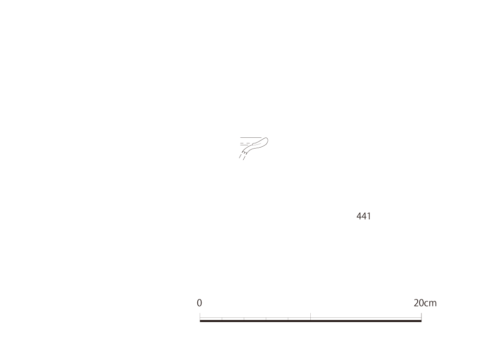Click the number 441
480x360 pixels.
[x=363, y=217]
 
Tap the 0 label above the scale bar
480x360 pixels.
[x=199, y=303]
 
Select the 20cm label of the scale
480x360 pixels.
[x=425, y=303]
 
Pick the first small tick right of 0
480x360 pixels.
[x=222, y=319]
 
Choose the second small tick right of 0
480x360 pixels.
[x=244, y=319]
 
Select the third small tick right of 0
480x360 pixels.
[x=266, y=319]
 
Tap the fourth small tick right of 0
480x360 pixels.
[x=288, y=319]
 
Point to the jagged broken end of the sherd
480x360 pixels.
[x=244, y=152]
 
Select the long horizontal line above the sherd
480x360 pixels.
[x=251, y=138]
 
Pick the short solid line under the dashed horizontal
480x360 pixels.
[x=244, y=145]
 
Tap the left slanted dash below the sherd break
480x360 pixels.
[x=240, y=156]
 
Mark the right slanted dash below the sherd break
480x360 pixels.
[x=244, y=157]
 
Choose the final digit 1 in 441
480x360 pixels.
[x=369, y=217]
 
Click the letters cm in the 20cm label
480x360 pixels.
[x=430, y=304]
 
